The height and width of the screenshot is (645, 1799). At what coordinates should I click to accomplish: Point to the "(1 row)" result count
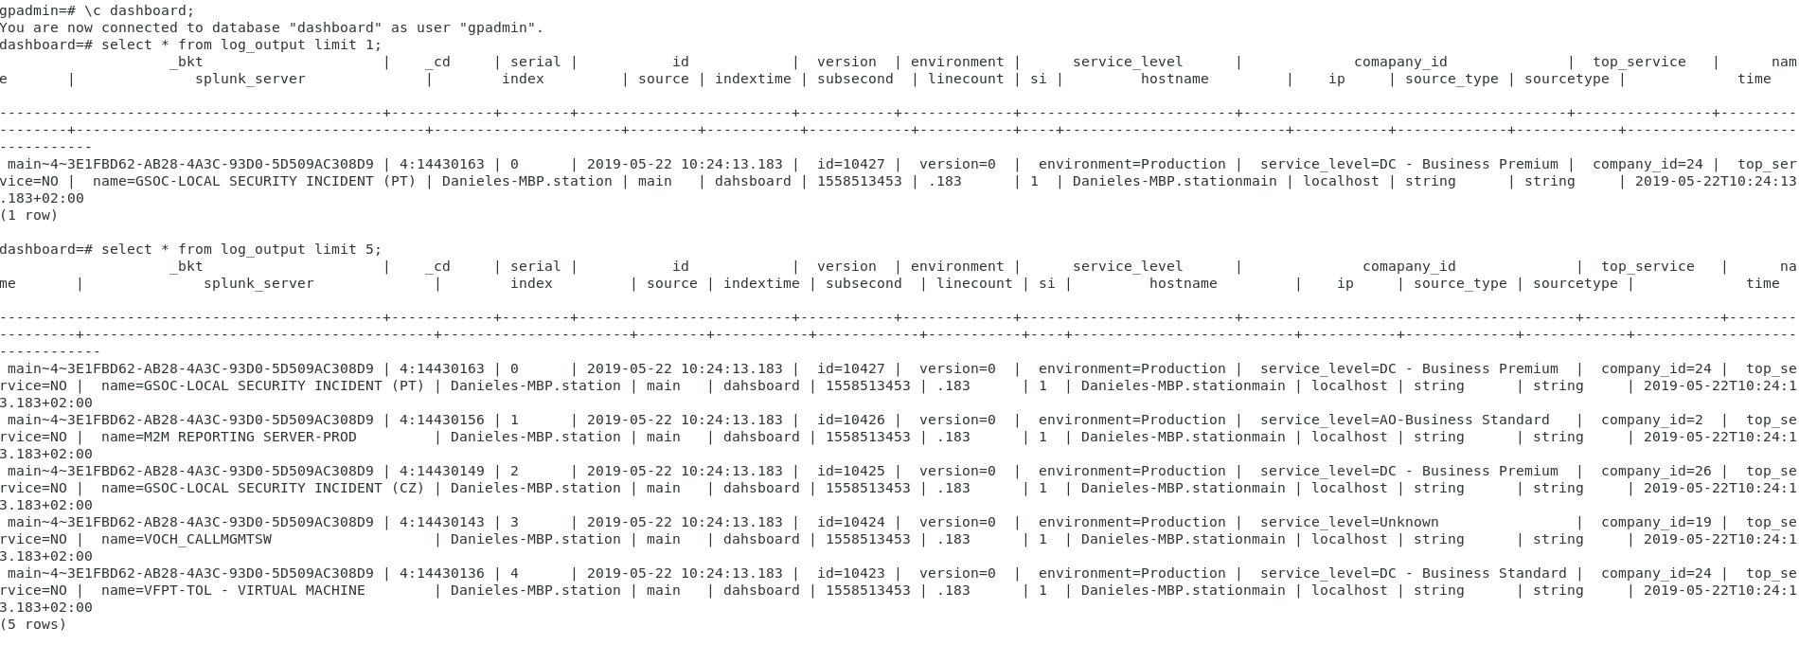[29, 215]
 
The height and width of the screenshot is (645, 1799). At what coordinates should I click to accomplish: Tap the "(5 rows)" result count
[33, 624]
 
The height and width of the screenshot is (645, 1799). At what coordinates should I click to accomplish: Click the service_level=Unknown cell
[1349, 522]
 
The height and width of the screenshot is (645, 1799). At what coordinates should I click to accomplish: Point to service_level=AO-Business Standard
[1404, 420]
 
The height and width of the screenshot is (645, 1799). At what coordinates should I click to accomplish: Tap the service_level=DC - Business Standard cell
[1413, 573]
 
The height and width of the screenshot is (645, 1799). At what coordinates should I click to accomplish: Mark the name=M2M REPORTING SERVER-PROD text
[229, 437]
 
